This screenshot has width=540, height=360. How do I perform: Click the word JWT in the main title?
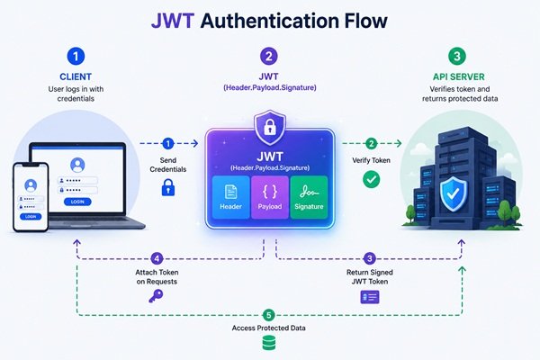click(173, 21)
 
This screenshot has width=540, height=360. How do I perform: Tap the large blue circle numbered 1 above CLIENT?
click(76, 56)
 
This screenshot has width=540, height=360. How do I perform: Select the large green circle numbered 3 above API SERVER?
click(457, 56)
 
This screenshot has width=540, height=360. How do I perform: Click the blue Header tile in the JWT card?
click(230, 197)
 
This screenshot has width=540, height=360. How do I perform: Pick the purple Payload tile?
click(270, 197)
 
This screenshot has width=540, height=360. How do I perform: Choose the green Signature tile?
click(309, 197)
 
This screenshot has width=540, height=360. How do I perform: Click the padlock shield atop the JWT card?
click(270, 128)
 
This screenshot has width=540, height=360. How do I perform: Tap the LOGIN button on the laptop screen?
click(77, 202)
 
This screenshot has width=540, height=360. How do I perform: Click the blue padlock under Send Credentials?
click(168, 187)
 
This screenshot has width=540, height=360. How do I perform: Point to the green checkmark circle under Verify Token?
click(371, 179)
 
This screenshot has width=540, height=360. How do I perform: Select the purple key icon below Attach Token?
click(156, 296)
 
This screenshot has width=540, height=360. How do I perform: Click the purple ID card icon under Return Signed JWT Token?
click(370, 297)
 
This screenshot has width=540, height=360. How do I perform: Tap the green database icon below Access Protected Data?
click(269, 343)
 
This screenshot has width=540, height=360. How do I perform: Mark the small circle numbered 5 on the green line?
click(268, 315)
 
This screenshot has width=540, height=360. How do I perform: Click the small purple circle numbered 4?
click(157, 258)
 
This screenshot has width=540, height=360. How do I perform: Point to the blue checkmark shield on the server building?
click(454, 193)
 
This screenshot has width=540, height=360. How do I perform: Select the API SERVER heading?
click(458, 76)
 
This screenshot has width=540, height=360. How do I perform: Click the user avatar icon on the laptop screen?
click(77, 165)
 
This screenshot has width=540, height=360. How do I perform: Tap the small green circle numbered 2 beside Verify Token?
click(371, 143)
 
